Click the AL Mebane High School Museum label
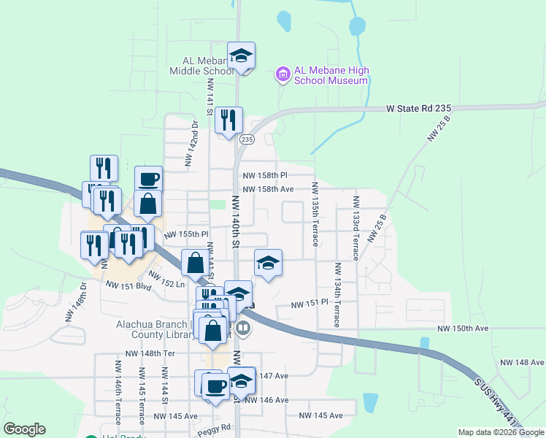point(331,75)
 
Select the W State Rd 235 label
point(419,108)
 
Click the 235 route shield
point(247,139)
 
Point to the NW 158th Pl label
point(266,175)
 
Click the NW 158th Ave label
point(268,188)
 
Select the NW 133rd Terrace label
point(355,228)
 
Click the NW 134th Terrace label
point(337,295)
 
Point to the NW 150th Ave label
point(463,328)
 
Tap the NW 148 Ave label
point(522,362)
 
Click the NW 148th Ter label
point(151,353)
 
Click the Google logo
point(24,430)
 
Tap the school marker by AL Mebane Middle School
point(241,56)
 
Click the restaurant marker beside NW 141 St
point(228,120)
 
